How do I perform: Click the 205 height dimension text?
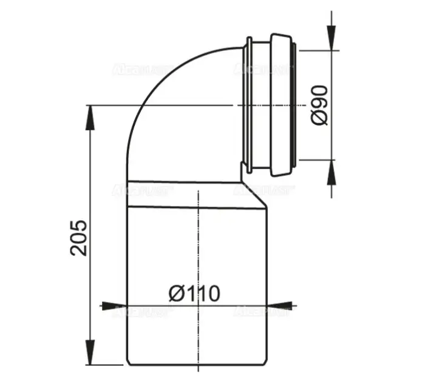(x=80, y=238)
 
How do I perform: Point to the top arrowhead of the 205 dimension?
(x=90, y=115)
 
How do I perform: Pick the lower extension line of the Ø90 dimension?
(x=316, y=160)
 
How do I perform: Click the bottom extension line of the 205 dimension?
(x=109, y=365)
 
